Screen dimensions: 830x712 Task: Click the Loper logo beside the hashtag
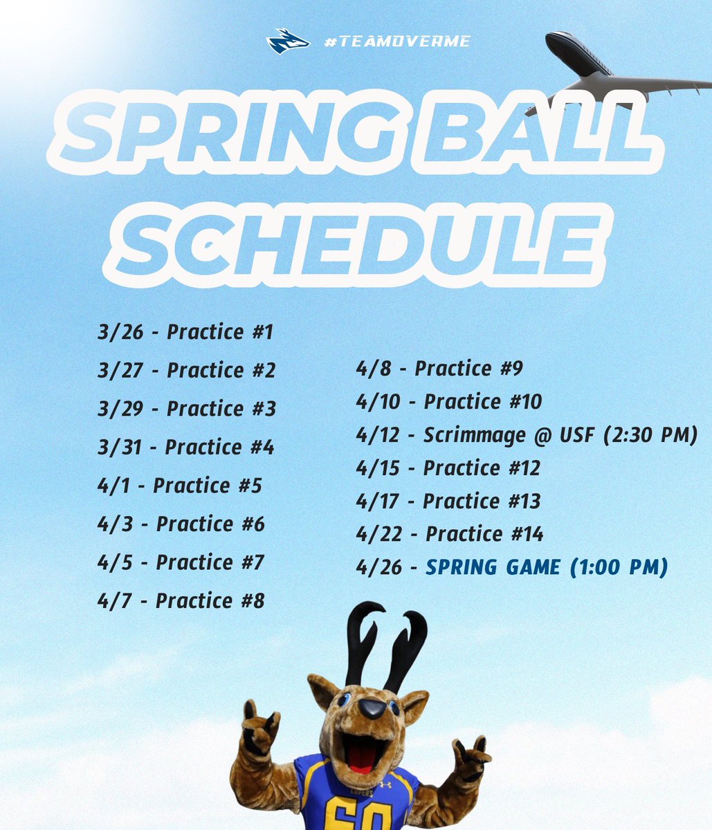(287, 42)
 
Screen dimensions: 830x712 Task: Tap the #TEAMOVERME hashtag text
(397, 42)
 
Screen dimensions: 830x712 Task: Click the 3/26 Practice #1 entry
(185, 333)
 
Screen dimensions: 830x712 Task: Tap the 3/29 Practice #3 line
(187, 409)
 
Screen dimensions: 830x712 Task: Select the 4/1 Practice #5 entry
(180, 486)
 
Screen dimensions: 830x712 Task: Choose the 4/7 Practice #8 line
(181, 600)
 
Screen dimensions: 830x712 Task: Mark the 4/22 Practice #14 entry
(450, 534)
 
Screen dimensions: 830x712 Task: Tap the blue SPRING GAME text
(493, 568)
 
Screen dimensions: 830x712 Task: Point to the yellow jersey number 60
(354, 815)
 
